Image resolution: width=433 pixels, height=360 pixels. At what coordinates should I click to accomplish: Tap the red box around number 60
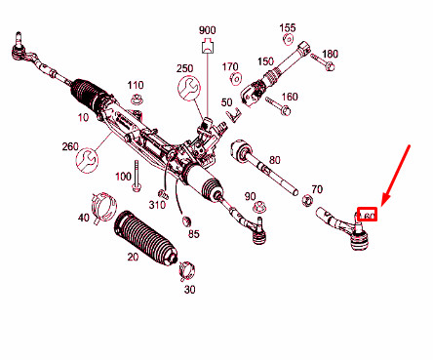369,216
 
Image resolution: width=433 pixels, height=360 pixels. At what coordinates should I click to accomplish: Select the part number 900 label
207,30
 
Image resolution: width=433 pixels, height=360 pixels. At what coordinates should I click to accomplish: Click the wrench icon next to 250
190,92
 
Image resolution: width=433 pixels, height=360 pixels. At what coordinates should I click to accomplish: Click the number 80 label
274,159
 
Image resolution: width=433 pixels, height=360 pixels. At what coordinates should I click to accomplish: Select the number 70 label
316,188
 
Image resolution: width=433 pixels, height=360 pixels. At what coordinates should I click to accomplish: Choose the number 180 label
330,54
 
